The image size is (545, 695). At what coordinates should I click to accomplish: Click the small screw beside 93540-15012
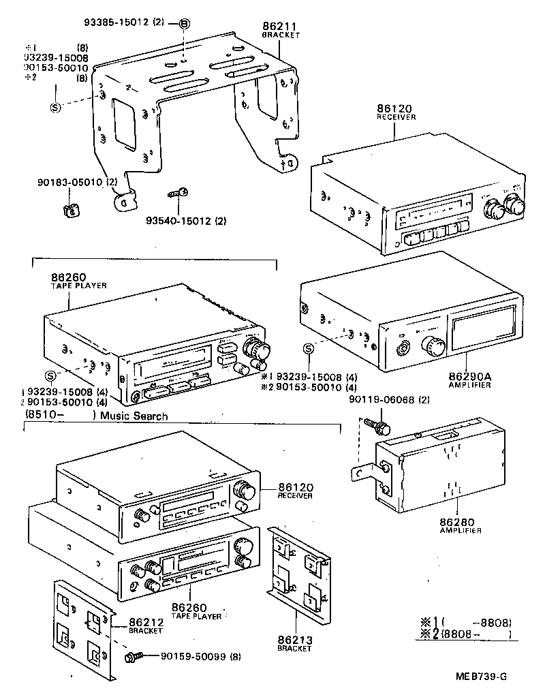tap(178, 194)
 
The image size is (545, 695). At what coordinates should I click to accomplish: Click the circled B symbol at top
tap(184, 25)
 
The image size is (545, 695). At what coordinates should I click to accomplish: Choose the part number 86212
tap(142, 623)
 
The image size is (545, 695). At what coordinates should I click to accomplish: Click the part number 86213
tap(294, 640)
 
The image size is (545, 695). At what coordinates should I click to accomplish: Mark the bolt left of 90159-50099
tap(133, 658)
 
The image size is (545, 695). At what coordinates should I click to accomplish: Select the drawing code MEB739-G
tap(482, 677)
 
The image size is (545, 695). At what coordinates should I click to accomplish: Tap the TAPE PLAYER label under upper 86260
tap(78, 285)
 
